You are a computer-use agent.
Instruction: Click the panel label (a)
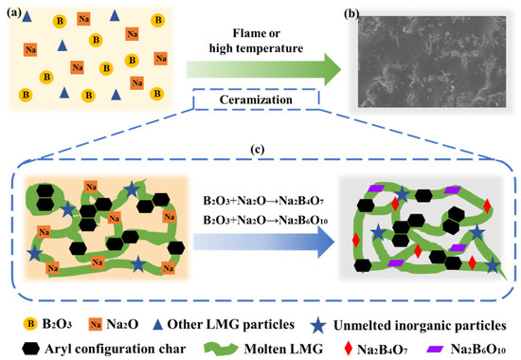pos(14,9)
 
